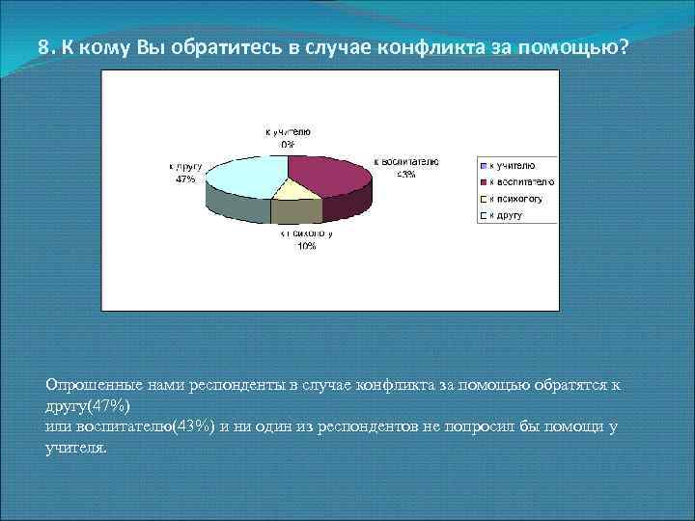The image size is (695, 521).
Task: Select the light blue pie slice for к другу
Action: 246,174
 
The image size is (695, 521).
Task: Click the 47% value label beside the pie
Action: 184,179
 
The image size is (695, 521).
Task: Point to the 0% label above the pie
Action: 288,144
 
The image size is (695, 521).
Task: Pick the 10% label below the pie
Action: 306,246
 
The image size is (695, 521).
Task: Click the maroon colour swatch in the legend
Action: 486,181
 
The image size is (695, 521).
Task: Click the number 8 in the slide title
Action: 43,47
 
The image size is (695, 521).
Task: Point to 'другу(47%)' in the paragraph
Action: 94,406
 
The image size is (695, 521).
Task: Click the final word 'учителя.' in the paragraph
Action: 76,449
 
